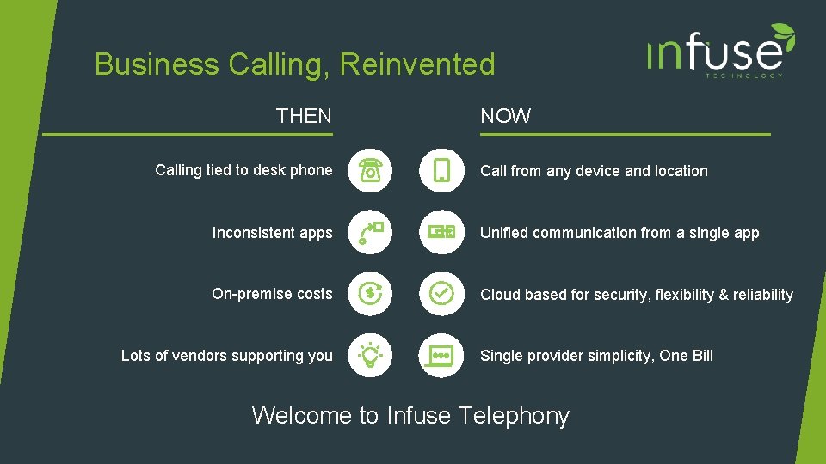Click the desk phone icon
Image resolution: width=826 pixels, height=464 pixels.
(x=370, y=170)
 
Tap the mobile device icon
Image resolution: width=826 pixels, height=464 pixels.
(x=441, y=170)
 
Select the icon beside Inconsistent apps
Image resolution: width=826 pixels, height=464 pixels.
(x=370, y=232)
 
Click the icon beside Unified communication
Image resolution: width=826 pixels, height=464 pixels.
(x=441, y=232)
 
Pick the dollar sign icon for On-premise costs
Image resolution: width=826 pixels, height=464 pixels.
(x=370, y=294)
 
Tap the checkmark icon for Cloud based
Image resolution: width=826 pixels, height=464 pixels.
(x=441, y=294)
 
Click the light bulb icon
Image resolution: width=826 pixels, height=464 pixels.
(x=370, y=355)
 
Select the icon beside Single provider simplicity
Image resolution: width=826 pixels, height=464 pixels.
(x=441, y=355)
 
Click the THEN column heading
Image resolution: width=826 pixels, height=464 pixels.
(x=304, y=116)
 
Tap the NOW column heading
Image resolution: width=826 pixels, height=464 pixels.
(x=506, y=116)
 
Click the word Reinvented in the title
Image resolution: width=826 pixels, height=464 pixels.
(x=417, y=64)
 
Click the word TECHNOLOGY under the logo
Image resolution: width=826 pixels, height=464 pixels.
(x=744, y=76)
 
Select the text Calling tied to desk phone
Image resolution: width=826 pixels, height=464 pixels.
(x=243, y=170)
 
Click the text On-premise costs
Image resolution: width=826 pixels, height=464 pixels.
(x=272, y=294)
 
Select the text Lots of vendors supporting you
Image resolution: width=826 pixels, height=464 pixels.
(x=227, y=356)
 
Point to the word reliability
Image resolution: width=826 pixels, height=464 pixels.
(x=763, y=295)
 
